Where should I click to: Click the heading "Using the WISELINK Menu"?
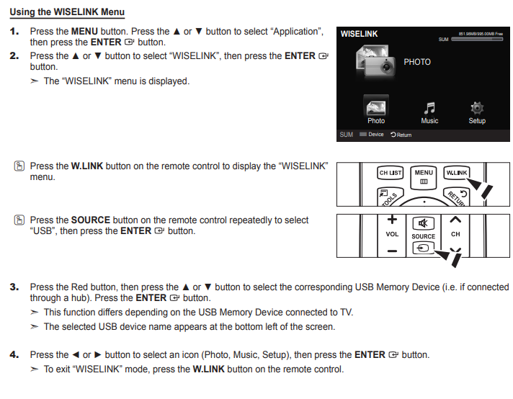coord(67,12)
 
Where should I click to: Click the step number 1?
coord(14,32)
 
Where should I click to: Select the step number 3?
coord(14,287)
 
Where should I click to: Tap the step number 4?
coord(14,354)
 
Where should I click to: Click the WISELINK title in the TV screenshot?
coord(359,35)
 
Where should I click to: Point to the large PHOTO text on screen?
coord(417,62)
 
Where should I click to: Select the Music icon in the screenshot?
coord(429,108)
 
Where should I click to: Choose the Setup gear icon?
coord(476,108)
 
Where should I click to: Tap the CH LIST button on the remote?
coord(391,173)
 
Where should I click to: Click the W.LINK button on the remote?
coord(456,173)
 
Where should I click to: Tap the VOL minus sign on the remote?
coord(392,250)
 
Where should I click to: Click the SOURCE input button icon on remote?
coord(424,248)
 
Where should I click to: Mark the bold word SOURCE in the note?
coord(90,220)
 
